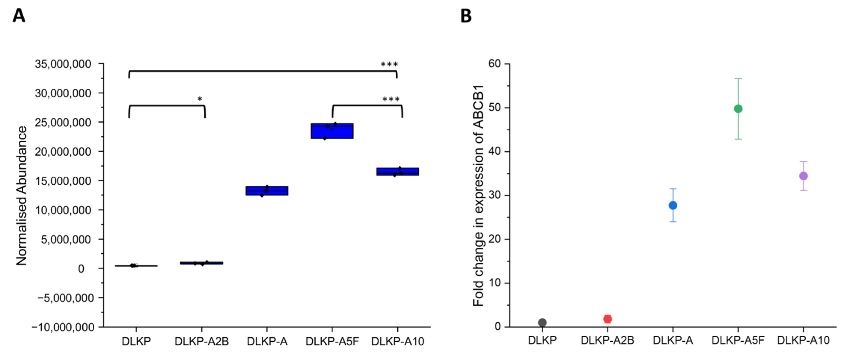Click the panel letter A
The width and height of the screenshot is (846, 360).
(x=19, y=16)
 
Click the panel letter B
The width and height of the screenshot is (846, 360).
(x=466, y=16)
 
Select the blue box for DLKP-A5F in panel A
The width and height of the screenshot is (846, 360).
(x=332, y=131)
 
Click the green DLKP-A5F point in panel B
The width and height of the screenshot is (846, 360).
(x=738, y=109)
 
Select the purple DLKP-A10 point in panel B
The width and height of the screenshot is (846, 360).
(x=803, y=176)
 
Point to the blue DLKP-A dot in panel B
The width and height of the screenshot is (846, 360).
(x=673, y=205)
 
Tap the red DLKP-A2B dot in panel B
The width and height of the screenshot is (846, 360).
(x=608, y=319)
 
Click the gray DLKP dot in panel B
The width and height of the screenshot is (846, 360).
(x=542, y=323)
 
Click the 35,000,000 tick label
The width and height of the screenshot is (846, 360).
(x=63, y=64)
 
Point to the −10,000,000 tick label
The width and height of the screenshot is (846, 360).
(x=62, y=327)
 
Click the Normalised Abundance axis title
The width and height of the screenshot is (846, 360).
(x=22, y=196)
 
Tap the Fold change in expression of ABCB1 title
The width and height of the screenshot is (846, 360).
(x=478, y=196)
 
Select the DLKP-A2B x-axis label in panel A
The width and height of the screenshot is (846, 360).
(x=201, y=342)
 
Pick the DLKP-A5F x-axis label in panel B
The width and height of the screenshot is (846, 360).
(x=738, y=340)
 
